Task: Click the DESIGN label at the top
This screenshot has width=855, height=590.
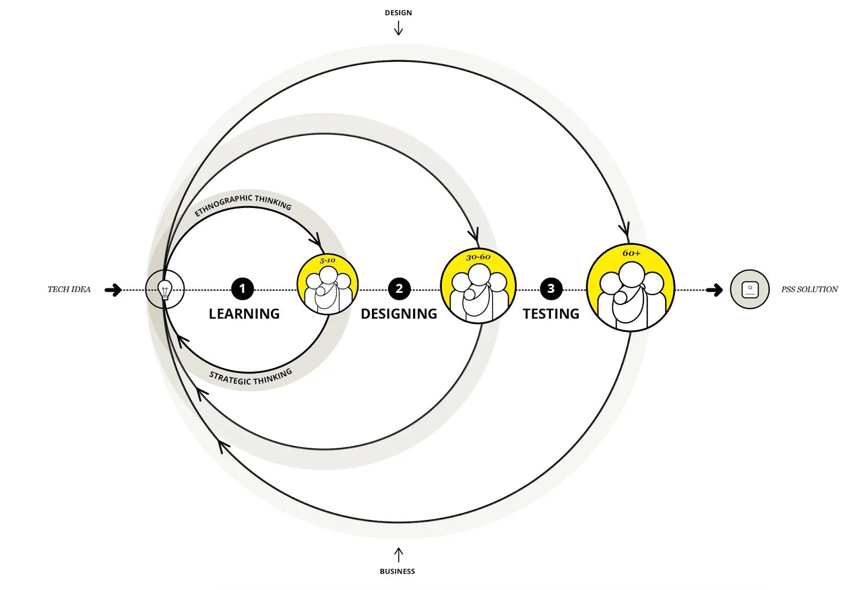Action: pyautogui.click(x=398, y=13)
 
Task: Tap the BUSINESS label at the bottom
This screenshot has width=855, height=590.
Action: pyautogui.click(x=397, y=571)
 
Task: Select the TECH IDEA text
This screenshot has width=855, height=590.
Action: pyautogui.click(x=69, y=290)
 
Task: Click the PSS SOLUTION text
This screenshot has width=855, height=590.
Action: pyautogui.click(x=809, y=290)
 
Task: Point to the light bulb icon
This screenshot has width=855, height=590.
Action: pyautogui.click(x=165, y=290)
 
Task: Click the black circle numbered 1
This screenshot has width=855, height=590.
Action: pyautogui.click(x=242, y=289)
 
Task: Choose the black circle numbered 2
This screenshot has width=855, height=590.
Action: pyautogui.click(x=399, y=289)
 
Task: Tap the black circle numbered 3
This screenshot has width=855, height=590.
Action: pyautogui.click(x=550, y=289)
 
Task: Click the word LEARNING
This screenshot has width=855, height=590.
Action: pyautogui.click(x=244, y=314)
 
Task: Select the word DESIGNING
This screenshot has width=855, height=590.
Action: pyautogui.click(x=399, y=314)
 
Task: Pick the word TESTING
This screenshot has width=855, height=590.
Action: pyautogui.click(x=551, y=314)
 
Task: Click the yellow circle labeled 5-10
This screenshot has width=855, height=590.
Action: pyautogui.click(x=327, y=285)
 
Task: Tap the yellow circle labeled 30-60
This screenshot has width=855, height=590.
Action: pyautogui.click(x=478, y=286)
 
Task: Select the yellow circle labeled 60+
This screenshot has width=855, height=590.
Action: pyautogui.click(x=631, y=288)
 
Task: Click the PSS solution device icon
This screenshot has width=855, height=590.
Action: pyautogui.click(x=750, y=290)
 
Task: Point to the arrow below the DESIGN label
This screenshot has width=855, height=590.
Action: pyautogui.click(x=398, y=28)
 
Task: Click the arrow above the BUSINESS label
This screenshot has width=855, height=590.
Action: pyautogui.click(x=398, y=554)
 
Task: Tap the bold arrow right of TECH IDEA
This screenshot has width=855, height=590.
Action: pyautogui.click(x=113, y=290)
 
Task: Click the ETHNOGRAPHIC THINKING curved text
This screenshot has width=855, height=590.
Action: pyautogui.click(x=243, y=204)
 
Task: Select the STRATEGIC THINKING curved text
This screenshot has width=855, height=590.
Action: pyautogui.click(x=250, y=377)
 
